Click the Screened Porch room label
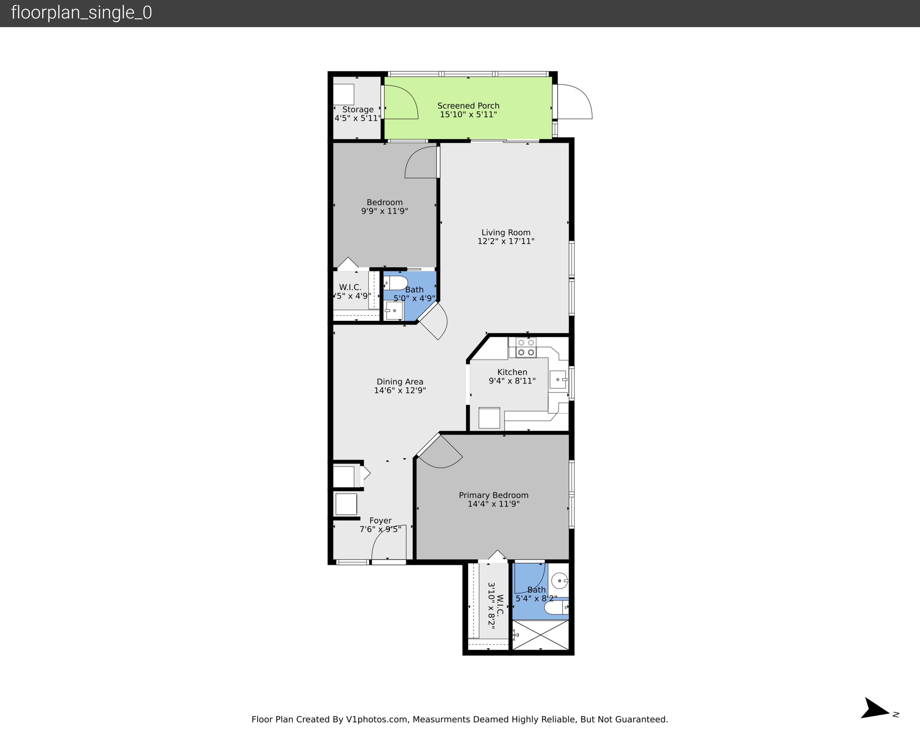point(468,106)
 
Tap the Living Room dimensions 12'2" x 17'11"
point(506,241)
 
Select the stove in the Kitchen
point(526,347)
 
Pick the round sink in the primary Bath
point(560,581)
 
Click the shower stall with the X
point(541,635)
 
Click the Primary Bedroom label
point(493,495)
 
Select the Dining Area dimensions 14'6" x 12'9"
point(400,390)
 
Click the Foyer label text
point(380,521)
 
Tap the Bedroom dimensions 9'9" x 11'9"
point(385,211)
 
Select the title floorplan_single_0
point(81,13)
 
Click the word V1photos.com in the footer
point(377,719)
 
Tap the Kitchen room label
point(512,372)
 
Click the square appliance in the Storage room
point(343,94)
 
